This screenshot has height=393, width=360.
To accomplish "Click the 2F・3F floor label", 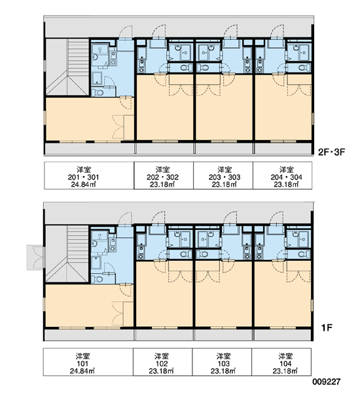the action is click(x=331, y=152).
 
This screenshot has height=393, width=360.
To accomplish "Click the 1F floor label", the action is click(x=327, y=327).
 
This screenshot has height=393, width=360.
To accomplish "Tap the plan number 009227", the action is click(x=327, y=382).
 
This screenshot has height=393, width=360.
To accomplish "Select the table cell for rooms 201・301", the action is click(x=89, y=176).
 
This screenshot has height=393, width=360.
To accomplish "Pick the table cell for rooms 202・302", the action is click(x=164, y=176).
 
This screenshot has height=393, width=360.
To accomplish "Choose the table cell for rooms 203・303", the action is click(x=223, y=176).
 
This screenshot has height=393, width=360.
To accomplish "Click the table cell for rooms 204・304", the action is click(x=282, y=176).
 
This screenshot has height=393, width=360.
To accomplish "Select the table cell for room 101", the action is click(x=88, y=362).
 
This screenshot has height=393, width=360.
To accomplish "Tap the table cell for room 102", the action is click(x=162, y=362).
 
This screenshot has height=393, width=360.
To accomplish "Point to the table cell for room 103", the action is click(x=222, y=362).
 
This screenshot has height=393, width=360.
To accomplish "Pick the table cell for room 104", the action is click(x=281, y=362).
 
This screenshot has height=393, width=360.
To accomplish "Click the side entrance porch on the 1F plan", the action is click(x=35, y=257).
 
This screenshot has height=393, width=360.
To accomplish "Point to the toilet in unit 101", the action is click(x=98, y=279).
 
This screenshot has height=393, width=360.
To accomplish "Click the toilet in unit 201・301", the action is click(x=98, y=92).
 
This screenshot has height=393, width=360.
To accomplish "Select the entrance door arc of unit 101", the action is click(x=125, y=219).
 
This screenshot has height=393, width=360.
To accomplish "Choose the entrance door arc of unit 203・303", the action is click(x=230, y=31).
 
